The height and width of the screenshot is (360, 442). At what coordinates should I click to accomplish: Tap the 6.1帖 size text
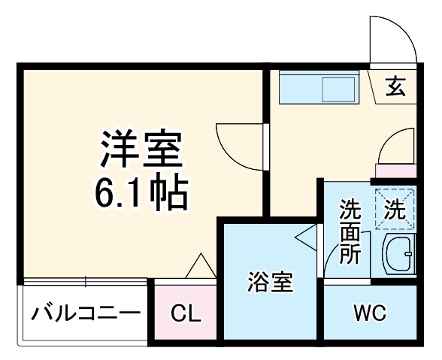pos(141,194)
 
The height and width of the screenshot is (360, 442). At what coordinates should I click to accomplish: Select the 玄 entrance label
pos(396,87)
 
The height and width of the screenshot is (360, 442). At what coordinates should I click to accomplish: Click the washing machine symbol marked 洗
pos(395,207)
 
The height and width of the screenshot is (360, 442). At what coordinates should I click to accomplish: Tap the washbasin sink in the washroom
pos(398,255)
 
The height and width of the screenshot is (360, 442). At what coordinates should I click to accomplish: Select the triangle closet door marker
pos(199,266)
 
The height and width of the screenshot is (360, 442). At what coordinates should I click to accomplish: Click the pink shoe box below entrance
pos(395,171)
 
